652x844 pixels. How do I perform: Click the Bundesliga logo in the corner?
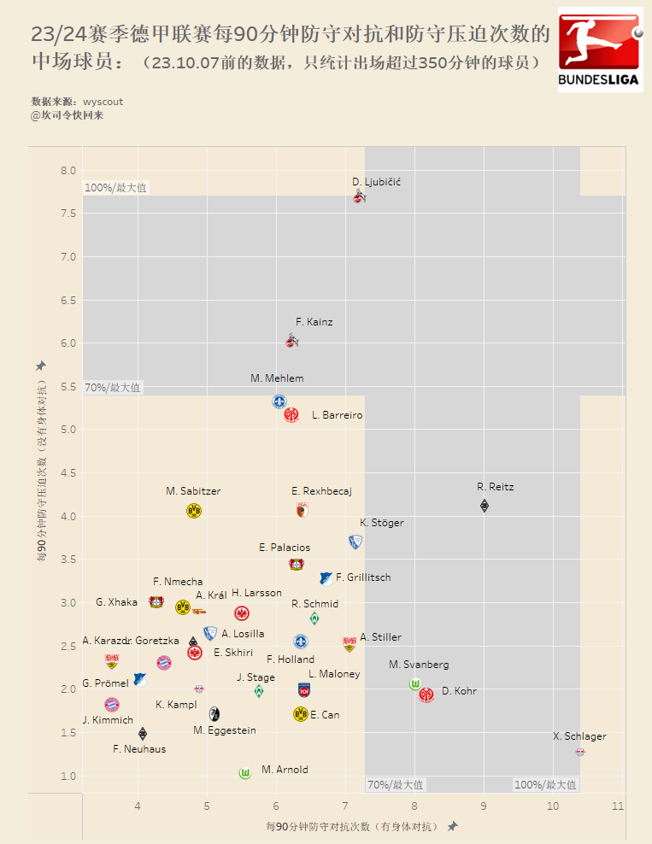[600, 50]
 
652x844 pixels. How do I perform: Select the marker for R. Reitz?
[485, 506]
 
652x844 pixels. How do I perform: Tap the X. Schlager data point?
[580, 752]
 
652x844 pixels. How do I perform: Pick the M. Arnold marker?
[245, 773]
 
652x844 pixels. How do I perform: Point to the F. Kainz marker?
[292, 342]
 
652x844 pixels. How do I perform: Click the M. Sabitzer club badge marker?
[194, 511]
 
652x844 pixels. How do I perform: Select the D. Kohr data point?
[426, 695]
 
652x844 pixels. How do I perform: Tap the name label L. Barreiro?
[338, 415]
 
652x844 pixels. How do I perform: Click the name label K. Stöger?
[382, 523]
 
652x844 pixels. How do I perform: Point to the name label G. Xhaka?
[116, 602]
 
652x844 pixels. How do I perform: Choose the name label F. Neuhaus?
[139, 749]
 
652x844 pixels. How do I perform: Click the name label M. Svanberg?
[419, 665]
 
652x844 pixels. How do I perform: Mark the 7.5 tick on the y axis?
[68, 214]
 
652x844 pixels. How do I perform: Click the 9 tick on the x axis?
[484, 806]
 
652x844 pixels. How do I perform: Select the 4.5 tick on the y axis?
[68, 473]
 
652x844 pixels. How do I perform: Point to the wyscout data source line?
[77, 102]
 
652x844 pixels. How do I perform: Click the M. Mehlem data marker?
[279, 401]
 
